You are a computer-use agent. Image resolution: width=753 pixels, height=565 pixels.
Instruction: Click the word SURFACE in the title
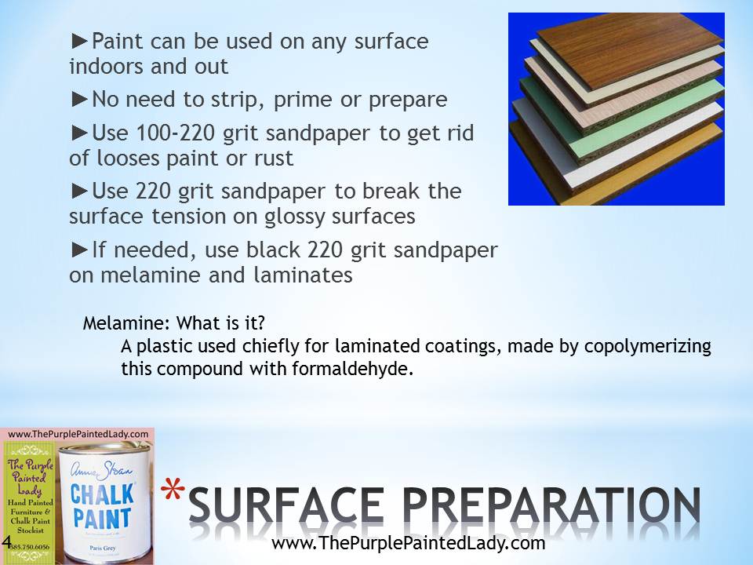click(286, 505)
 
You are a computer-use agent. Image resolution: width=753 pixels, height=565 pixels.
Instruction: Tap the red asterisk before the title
click(173, 490)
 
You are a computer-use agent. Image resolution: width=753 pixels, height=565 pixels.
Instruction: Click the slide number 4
click(7, 541)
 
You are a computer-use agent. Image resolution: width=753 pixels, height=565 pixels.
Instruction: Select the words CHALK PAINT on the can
click(102, 506)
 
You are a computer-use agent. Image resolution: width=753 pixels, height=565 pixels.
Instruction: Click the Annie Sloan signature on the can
click(101, 470)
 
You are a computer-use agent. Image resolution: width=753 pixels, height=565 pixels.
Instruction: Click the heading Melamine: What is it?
click(174, 323)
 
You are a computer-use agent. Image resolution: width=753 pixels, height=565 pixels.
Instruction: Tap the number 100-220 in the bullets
click(175, 133)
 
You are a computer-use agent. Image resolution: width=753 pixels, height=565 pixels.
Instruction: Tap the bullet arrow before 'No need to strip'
click(79, 100)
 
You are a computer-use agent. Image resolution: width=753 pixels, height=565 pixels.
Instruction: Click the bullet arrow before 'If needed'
click(79, 250)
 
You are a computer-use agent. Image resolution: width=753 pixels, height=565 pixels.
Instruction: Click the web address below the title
click(408, 543)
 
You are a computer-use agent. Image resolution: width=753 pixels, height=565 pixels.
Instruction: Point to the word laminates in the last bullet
click(303, 275)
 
